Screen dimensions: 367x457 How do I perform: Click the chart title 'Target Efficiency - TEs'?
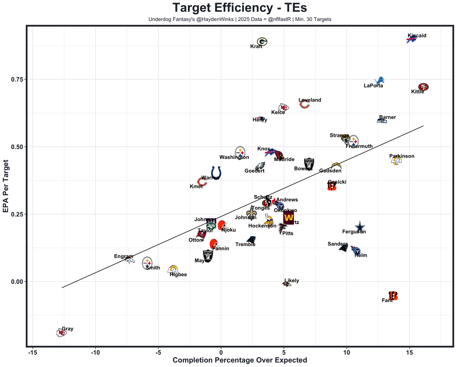click(x=240, y=8)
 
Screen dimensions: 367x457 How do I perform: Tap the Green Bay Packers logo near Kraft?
click(x=262, y=42)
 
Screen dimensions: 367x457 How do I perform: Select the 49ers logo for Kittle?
click(x=423, y=87)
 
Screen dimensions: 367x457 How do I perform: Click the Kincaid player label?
click(x=417, y=36)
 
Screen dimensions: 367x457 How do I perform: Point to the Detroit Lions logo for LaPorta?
click(x=380, y=81)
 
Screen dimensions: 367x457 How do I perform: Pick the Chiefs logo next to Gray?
click(x=61, y=333)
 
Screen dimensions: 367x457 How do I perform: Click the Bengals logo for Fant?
click(x=393, y=296)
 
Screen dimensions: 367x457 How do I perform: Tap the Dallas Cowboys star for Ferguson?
click(x=360, y=227)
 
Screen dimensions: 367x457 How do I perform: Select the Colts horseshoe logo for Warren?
click(x=216, y=173)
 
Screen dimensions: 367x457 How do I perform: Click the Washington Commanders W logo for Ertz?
click(x=288, y=217)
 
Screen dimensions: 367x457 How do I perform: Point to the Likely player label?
click(x=292, y=281)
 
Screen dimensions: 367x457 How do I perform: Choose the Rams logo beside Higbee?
click(x=173, y=270)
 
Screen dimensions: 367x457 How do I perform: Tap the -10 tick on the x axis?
click(x=95, y=353)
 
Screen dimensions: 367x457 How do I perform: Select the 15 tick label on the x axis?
click(x=409, y=353)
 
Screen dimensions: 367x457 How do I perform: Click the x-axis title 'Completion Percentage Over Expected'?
click(x=240, y=360)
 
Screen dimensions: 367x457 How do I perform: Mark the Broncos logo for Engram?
click(x=130, y=260)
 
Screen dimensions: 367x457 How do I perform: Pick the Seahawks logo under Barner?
click(x=382, y=121)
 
